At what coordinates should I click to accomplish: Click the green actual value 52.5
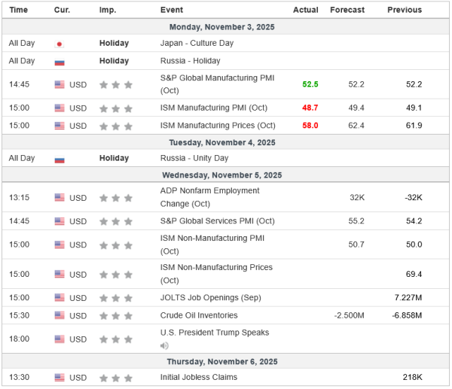tap(310, 85)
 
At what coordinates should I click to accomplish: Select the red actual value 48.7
tap(310, 108)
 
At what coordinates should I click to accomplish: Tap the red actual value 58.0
tap(310, 125)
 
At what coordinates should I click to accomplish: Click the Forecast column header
tap(347, 10)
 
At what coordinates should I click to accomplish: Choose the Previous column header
tap(405, 10)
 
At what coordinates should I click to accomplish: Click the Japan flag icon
tap(60, 44)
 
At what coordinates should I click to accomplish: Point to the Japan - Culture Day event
tap(197, 43)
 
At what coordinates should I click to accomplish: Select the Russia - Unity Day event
tap(192, 159)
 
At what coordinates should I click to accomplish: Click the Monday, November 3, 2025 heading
tap(225, 26)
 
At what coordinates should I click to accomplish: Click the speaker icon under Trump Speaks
tap(164, 345)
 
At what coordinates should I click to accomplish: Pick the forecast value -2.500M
tap(350, 315)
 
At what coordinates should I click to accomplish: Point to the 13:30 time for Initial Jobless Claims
tap(20, 377)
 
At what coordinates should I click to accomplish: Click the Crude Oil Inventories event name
tap(199, 315)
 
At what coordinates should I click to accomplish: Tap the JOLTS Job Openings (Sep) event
tap(211, 298)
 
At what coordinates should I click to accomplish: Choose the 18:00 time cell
tap(20, 339)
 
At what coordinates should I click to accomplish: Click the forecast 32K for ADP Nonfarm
tap(356, 198)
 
